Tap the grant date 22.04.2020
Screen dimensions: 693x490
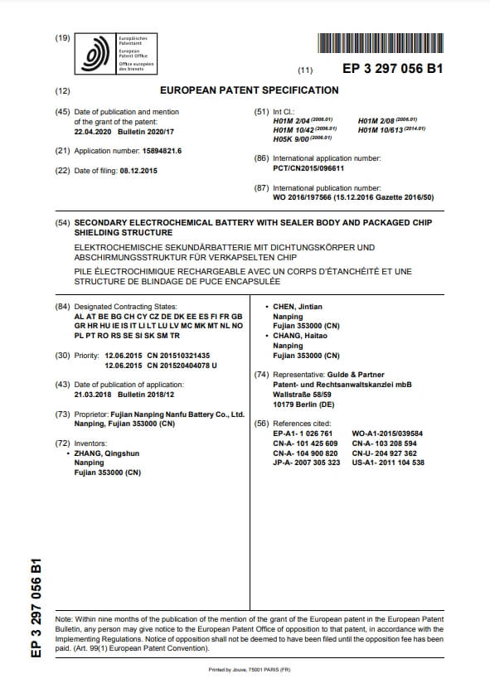click(x=95, y=131)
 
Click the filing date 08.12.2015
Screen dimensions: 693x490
click(x=134, y=171)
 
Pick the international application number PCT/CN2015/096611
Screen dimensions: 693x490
click(x=308, y=167)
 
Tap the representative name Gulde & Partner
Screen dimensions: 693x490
click(x=350, y=375)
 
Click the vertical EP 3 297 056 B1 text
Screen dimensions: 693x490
click(x=35, y=608)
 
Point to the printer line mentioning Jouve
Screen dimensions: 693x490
click(x=244, y=669)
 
